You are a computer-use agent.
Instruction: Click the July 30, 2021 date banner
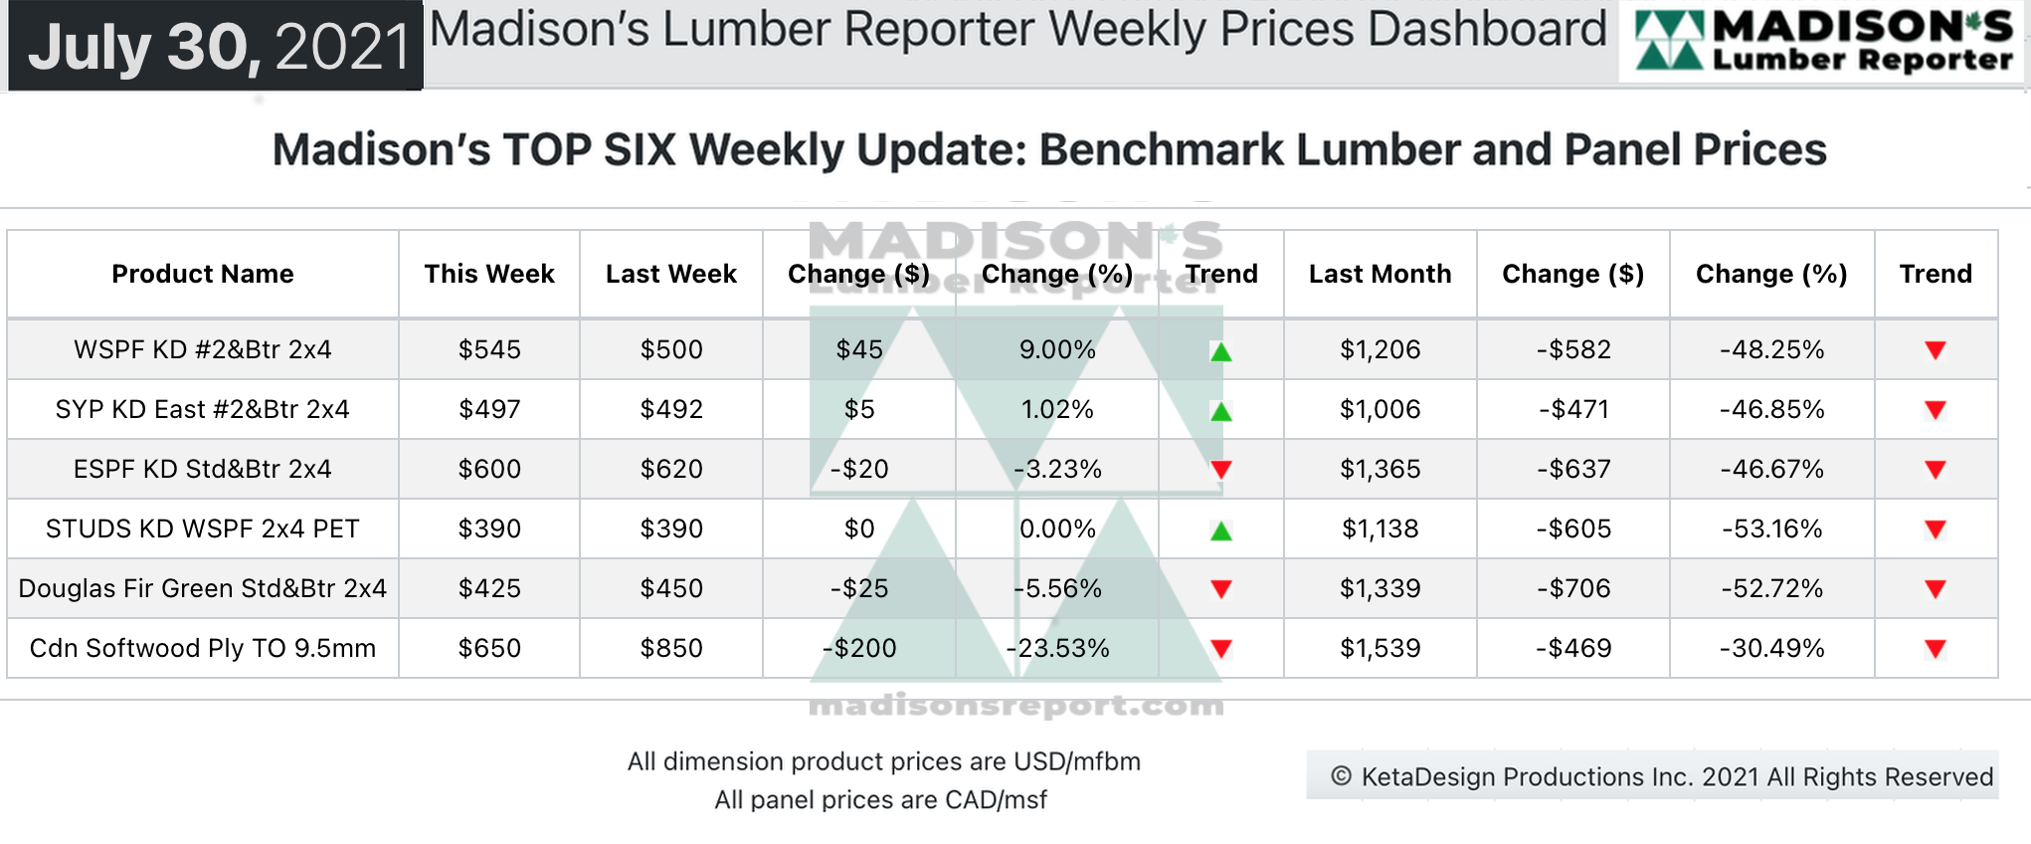[217, 46]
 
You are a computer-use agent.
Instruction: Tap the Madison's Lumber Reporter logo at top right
[1823, 41]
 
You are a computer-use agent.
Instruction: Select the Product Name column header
[203, 274]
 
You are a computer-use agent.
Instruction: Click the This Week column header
[489, 274]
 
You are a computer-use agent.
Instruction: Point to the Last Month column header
[1380, 274]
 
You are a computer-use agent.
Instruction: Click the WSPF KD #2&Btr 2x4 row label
[203, 349]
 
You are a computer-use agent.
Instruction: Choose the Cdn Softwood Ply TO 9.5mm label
[203, 648]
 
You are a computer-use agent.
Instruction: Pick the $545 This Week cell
[489, 349]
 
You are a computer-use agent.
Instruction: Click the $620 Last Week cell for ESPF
[671, 469]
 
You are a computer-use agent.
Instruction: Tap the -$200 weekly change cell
[859, 648]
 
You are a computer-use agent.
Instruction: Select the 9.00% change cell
[1057, 349]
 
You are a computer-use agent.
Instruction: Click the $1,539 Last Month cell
[1380, 648]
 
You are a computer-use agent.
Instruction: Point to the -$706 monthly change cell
[1573, 588]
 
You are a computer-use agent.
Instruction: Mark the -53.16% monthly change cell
[1772, 528]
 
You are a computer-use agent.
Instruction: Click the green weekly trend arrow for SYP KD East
[1221, 411]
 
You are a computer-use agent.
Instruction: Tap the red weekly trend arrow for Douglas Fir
[1221, 589]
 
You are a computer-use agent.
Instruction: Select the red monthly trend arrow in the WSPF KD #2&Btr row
[1936, 350]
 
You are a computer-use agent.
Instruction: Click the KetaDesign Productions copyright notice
[1662, 776]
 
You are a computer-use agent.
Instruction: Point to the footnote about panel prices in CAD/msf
[880, 800]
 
